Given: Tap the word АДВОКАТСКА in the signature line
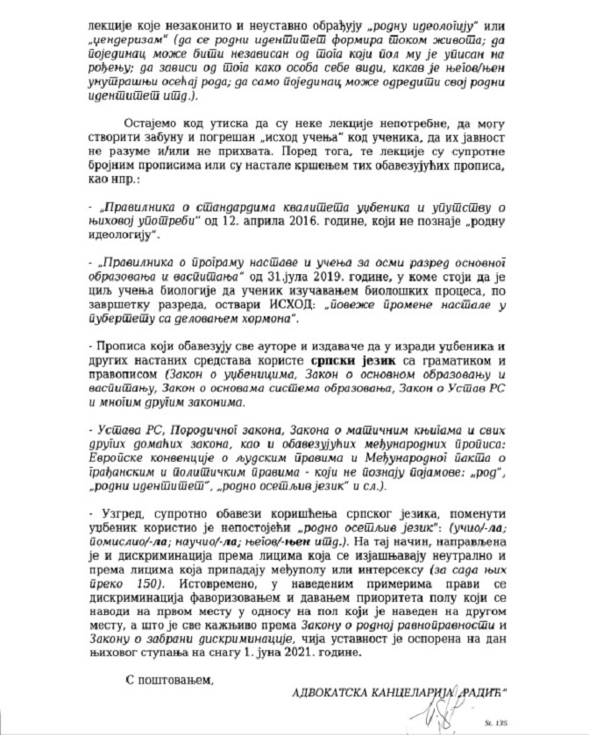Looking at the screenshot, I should coord(332,689).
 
